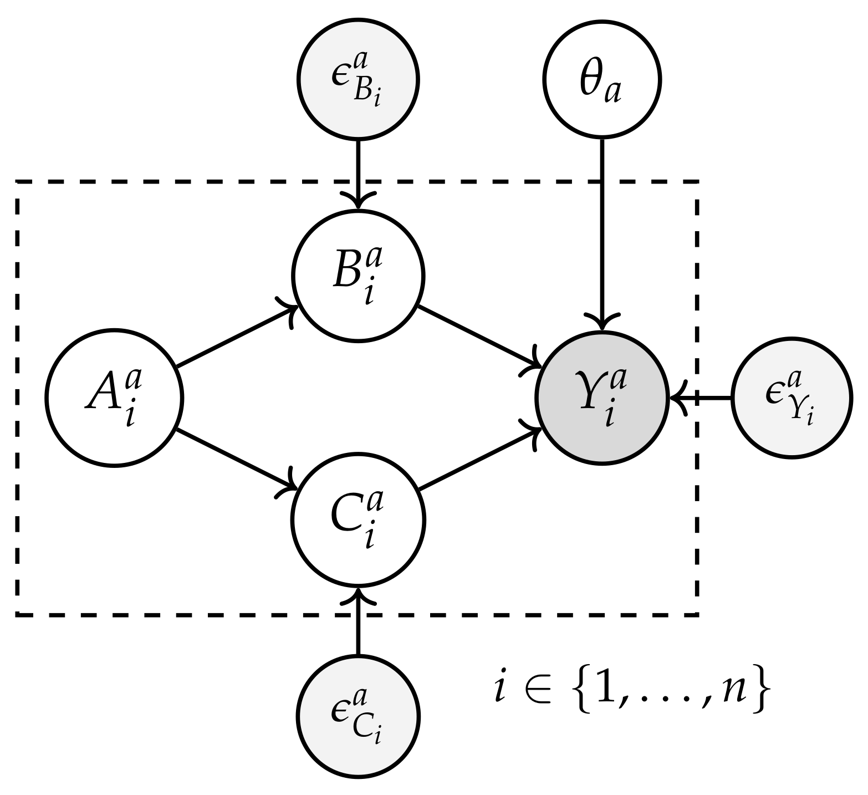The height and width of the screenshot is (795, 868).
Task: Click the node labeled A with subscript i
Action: tap(114, 398)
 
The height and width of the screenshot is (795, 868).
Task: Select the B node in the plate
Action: tap(358, 276)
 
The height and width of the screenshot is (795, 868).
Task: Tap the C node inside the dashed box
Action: tap(358, 520)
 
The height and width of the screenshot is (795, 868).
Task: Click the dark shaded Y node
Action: tap(602, 398)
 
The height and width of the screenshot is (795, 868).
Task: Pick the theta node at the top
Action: tap(602, 79)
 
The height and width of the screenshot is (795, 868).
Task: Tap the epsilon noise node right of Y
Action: tap(790, 398)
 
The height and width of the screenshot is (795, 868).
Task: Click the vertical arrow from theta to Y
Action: tap(602, 233)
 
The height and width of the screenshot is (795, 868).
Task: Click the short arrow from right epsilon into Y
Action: tap(702, 398)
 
